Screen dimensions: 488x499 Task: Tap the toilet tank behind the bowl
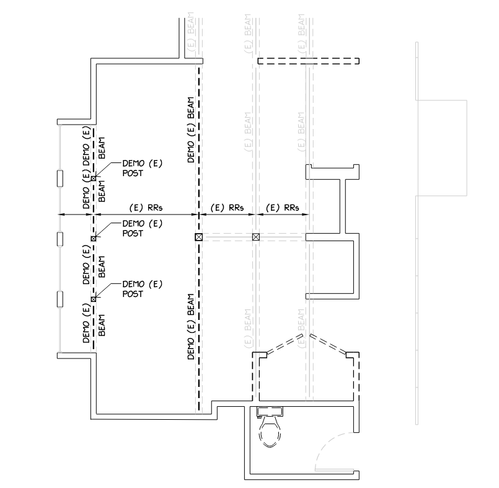tap(270, 410)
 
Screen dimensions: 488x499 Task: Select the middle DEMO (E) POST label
tap(142, 228)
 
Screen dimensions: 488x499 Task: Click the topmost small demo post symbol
tap(93, 179)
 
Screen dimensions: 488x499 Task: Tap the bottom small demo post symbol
tap(93, 299)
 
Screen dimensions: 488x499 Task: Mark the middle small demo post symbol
tap(93, 238)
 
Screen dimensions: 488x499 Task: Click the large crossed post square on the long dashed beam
tap(198, 237)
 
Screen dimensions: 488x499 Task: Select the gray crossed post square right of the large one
tap(255, 237)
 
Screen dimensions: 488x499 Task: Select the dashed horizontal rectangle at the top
tap(308, 61)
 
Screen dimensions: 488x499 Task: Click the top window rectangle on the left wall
tap(60, 179)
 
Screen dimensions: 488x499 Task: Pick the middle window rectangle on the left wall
tap(60, 239)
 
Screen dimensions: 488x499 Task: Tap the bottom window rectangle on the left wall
tap(60, 299)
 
